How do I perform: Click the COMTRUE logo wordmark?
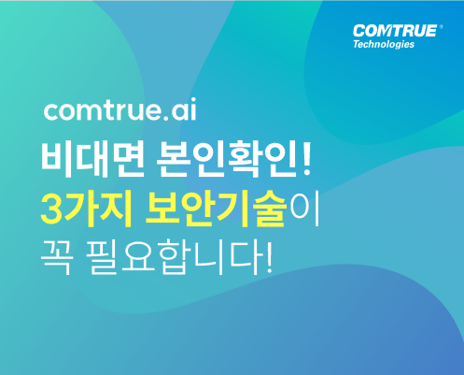coord(395,31)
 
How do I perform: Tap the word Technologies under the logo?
coord(384,44)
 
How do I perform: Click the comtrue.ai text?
coord(120,109)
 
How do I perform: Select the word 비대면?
coord(92,159)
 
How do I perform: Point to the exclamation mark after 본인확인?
coord(306,158)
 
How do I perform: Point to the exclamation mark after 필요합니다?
coord(269,257)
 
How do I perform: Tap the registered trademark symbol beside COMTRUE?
coord(441,27)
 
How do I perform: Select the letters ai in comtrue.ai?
coord(184,109)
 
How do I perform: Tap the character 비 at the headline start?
coord(58,159)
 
